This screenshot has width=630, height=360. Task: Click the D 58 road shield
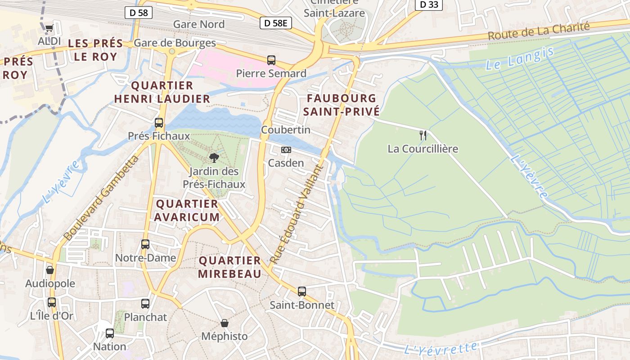(139, 13)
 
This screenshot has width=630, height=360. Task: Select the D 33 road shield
(428, 4)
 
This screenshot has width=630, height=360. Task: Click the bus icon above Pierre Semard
(271, 60)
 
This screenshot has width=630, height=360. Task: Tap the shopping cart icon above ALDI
(49, 28)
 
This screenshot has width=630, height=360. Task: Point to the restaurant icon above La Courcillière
(423, 135)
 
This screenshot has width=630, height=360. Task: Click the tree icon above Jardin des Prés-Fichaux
(214, 157)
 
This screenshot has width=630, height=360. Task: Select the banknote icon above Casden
(286, 149)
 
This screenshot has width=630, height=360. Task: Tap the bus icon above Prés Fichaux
(159, 122)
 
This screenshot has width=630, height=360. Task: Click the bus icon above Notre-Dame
(145, 244)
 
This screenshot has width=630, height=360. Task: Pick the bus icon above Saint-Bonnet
(302, 291)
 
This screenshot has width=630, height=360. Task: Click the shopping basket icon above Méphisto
(224, 323)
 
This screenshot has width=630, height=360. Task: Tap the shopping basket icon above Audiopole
(50, 270)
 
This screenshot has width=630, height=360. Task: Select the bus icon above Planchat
(145, 304)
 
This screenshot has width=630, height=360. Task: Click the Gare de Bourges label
(175, 43)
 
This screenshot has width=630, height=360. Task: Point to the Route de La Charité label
(539, 31)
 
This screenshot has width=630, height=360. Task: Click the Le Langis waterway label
(520, 58)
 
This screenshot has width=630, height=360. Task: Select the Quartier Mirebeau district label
(230, 267)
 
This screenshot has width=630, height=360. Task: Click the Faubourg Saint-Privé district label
(341, 104)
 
